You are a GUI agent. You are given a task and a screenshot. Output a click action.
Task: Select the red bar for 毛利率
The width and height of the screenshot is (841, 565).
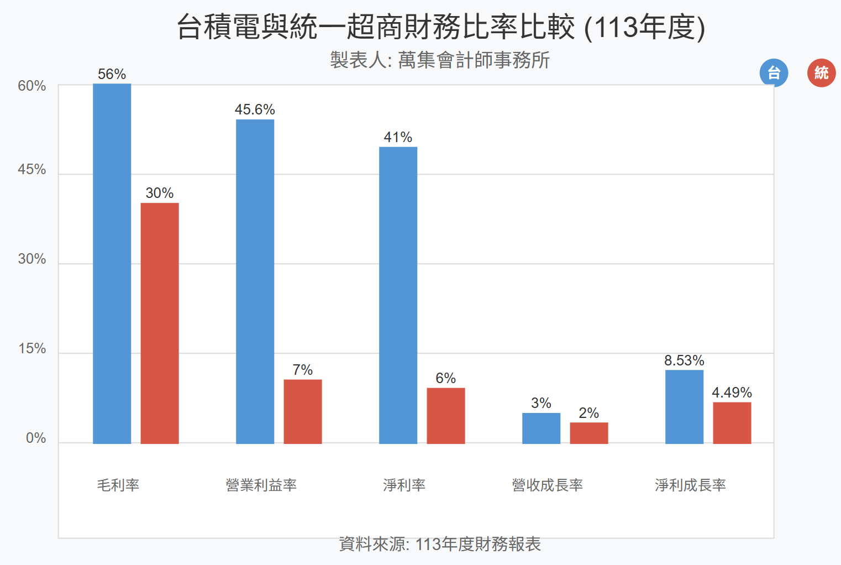point(160,323)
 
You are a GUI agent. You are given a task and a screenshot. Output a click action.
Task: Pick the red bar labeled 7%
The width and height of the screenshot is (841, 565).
point(303,411)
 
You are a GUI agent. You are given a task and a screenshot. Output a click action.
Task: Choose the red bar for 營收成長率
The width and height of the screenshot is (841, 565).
point(589,433)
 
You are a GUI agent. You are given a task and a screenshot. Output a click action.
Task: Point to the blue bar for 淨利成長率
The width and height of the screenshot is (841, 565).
point(684,406)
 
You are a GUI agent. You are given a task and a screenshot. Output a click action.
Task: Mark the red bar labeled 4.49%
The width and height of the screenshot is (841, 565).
point(732,422)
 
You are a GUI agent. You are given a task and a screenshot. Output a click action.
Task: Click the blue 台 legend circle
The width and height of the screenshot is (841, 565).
point(774,72)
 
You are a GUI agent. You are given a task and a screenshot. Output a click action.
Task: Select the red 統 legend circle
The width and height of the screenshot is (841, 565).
point(821,72)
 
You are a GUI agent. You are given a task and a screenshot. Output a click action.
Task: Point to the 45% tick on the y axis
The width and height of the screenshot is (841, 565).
point(32,170)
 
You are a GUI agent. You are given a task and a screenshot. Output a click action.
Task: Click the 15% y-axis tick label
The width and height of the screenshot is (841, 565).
point(32,349)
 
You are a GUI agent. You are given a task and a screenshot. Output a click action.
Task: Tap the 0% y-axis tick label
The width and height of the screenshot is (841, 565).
point(36,438)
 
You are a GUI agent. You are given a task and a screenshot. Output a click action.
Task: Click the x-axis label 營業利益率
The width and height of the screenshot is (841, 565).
point(261,485)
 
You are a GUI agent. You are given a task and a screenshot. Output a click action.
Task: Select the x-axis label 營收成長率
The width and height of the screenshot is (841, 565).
point(548,485)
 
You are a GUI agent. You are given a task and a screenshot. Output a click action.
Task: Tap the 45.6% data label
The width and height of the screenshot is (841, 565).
point(255,109)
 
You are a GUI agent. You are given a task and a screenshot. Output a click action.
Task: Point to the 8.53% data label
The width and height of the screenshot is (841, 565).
point(684,360)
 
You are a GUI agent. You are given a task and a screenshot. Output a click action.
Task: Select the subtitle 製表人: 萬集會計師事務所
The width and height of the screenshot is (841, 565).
point(440,60)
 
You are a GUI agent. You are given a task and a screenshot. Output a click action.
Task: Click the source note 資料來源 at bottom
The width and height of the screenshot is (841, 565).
point(440,544)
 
